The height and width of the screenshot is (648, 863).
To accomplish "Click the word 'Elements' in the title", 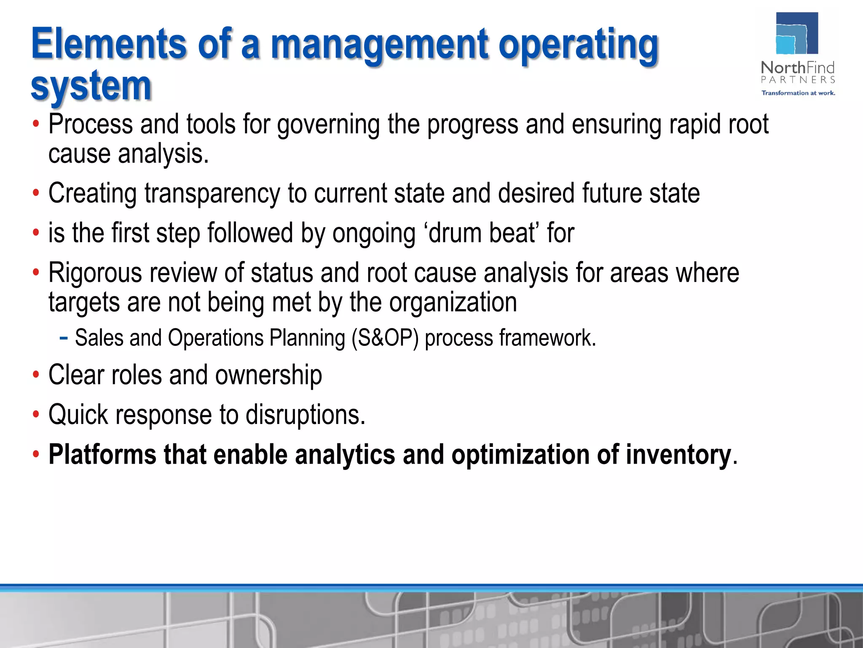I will [109, 44].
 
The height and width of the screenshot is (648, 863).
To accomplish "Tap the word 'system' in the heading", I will [91, 86].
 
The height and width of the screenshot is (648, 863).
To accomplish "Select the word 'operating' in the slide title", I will [578, 46].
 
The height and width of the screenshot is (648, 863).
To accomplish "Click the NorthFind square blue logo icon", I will [797, 34].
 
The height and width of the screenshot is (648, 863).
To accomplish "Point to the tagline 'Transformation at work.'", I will [798, 93].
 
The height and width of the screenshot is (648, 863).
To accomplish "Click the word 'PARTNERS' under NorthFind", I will [798, 80].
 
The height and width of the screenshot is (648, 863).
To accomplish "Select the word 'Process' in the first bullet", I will [91, 124].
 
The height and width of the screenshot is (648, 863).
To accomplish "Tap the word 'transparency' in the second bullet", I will [212, 194].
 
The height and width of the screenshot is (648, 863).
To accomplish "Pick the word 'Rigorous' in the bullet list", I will [95, 273].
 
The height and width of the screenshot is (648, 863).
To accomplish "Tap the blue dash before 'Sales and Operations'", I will [64, 337].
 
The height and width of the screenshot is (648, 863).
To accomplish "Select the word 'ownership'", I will [268, 375].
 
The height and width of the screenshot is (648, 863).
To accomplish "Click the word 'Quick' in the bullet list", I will [78, 415].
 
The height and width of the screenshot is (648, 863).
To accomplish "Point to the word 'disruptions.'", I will [306, 415].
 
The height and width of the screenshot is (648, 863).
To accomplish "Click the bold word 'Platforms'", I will [102, 455].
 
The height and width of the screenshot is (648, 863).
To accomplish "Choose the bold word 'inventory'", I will [678, 455].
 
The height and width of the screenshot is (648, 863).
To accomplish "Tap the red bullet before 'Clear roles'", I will [36, 375].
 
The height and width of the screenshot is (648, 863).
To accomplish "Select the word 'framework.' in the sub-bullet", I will [548, 338].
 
